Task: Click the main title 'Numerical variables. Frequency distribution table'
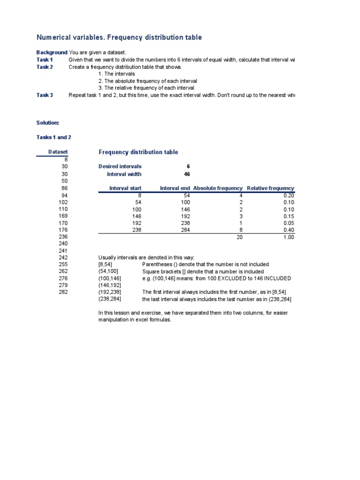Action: click(x=119, y=37)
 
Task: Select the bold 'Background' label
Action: click(x=52, y=52)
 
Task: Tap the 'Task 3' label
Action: click(x=45, y=95)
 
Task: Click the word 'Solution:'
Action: click(x=48, y=123)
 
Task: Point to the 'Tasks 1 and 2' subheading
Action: click(x=53, y=137)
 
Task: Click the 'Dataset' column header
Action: click(x=58, y=152)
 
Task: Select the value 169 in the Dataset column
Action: click(x=63, y=216)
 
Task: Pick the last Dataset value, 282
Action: click(x=63, y=292)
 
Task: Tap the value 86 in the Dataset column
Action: click(x=65, y=188)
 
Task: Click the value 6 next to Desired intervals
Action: click(x=188, y=166)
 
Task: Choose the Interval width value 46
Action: click(x=187, y=174)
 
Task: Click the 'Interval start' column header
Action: click(x=125, y=188)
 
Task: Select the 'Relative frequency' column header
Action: click(x=270, y=188)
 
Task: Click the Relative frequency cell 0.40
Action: click(x=289, y=230)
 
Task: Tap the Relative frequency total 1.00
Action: click(x=289, y=238)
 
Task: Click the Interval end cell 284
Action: click(x=185, y=230)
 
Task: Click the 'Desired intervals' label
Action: click(x=120, y=166)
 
